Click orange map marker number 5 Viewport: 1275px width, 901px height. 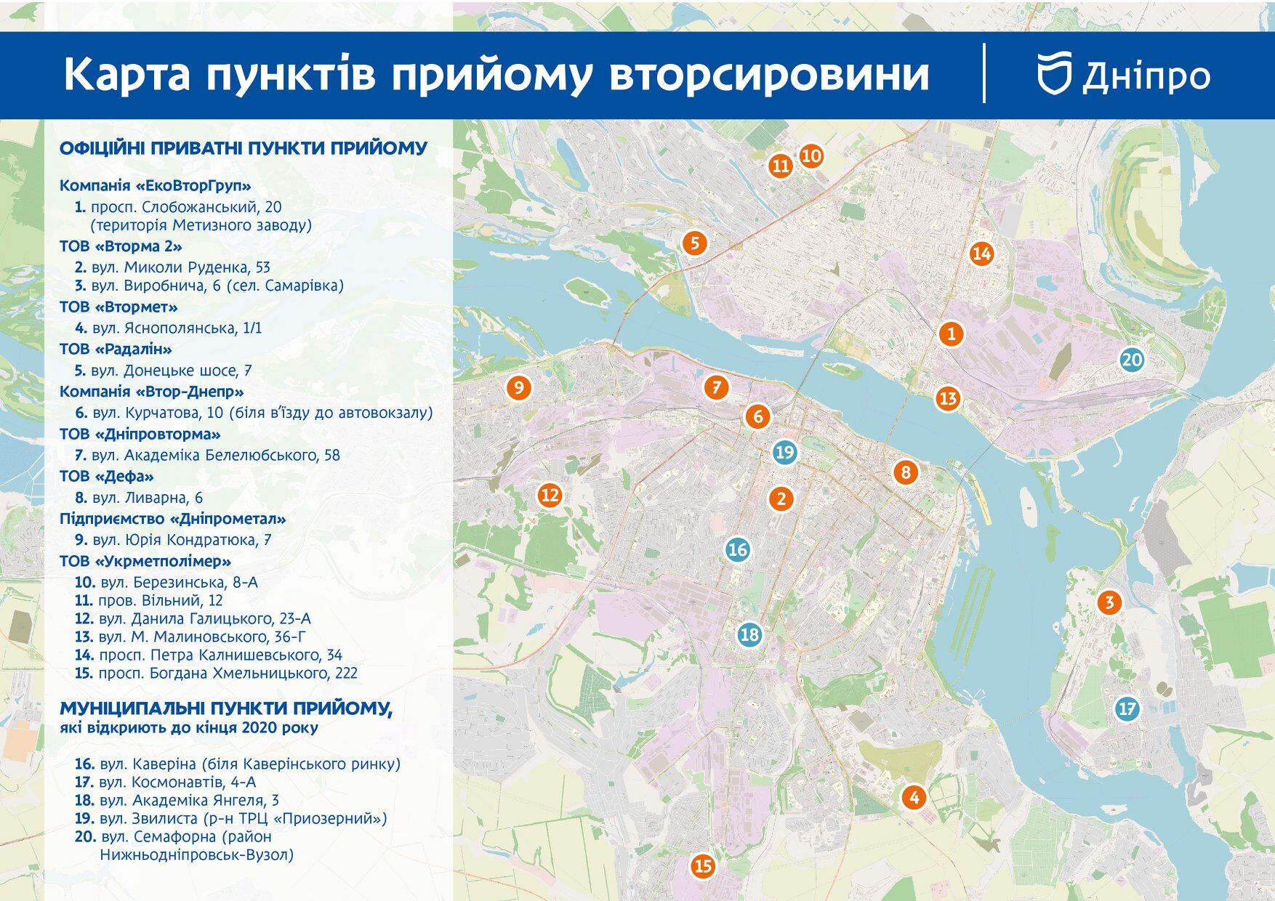tap(695, 243)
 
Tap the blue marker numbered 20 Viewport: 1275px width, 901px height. tap(1132, 360)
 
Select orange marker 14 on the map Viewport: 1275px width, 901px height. tap(981, 254)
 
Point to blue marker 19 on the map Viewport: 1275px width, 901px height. tap(784, 453)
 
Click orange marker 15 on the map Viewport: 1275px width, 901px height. tap(703, 866)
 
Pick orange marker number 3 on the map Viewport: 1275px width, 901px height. tap(1109, 602)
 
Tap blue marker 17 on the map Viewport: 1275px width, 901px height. tap(1127, 708)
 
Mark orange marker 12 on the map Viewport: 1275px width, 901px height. tap(550, 496)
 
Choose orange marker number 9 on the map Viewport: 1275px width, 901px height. tap(518, 387)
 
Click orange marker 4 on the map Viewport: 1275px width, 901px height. tap(914, 798)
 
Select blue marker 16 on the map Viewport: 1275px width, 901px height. tap(738, 549)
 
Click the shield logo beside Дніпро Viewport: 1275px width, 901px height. tap(1055, 73)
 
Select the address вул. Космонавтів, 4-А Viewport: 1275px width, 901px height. tap(177, 782)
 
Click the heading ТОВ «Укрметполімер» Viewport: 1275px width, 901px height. tap(145, 561)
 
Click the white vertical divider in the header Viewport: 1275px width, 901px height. tap(984, 73)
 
